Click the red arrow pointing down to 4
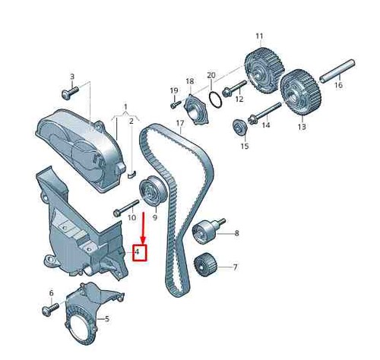tap(144, 229)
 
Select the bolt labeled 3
tap(70, 93)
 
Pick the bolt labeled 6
tap(50, 309)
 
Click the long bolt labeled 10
tap(126, 208)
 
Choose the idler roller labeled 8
tap(207, 230)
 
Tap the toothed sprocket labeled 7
tap(205, 265)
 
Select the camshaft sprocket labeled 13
tap(300, 93)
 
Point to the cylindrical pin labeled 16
tap(337, 71)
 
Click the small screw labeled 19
tap(176, 104)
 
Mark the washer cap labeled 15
tap(239, 127)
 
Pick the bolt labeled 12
tap(234, 89)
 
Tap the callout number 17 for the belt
tap(180, 123)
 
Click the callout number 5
tap(107, 319)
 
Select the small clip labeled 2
tap(132, 174)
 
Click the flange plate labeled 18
tap(196, 109)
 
